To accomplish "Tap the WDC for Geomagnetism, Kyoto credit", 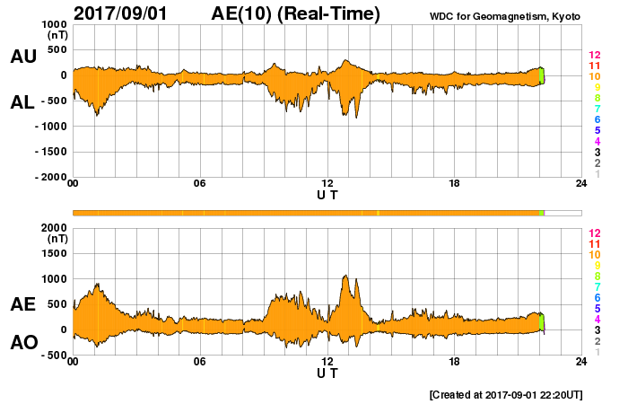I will tap(504, 16).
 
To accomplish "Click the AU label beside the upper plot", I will tap(22, 57).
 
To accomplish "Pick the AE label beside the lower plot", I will tap(22, 304).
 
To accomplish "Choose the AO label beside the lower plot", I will tap(22, 342).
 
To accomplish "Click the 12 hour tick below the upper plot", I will tap(327, 184).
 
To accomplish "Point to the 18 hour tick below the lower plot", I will tap(455, 362).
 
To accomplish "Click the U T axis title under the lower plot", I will tap(327, 373).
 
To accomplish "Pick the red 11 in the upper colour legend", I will tap(593, 66).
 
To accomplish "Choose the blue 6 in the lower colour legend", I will tap(597, 297).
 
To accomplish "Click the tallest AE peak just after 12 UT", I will tap(345, 277).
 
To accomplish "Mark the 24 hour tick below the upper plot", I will tap(582, 184).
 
